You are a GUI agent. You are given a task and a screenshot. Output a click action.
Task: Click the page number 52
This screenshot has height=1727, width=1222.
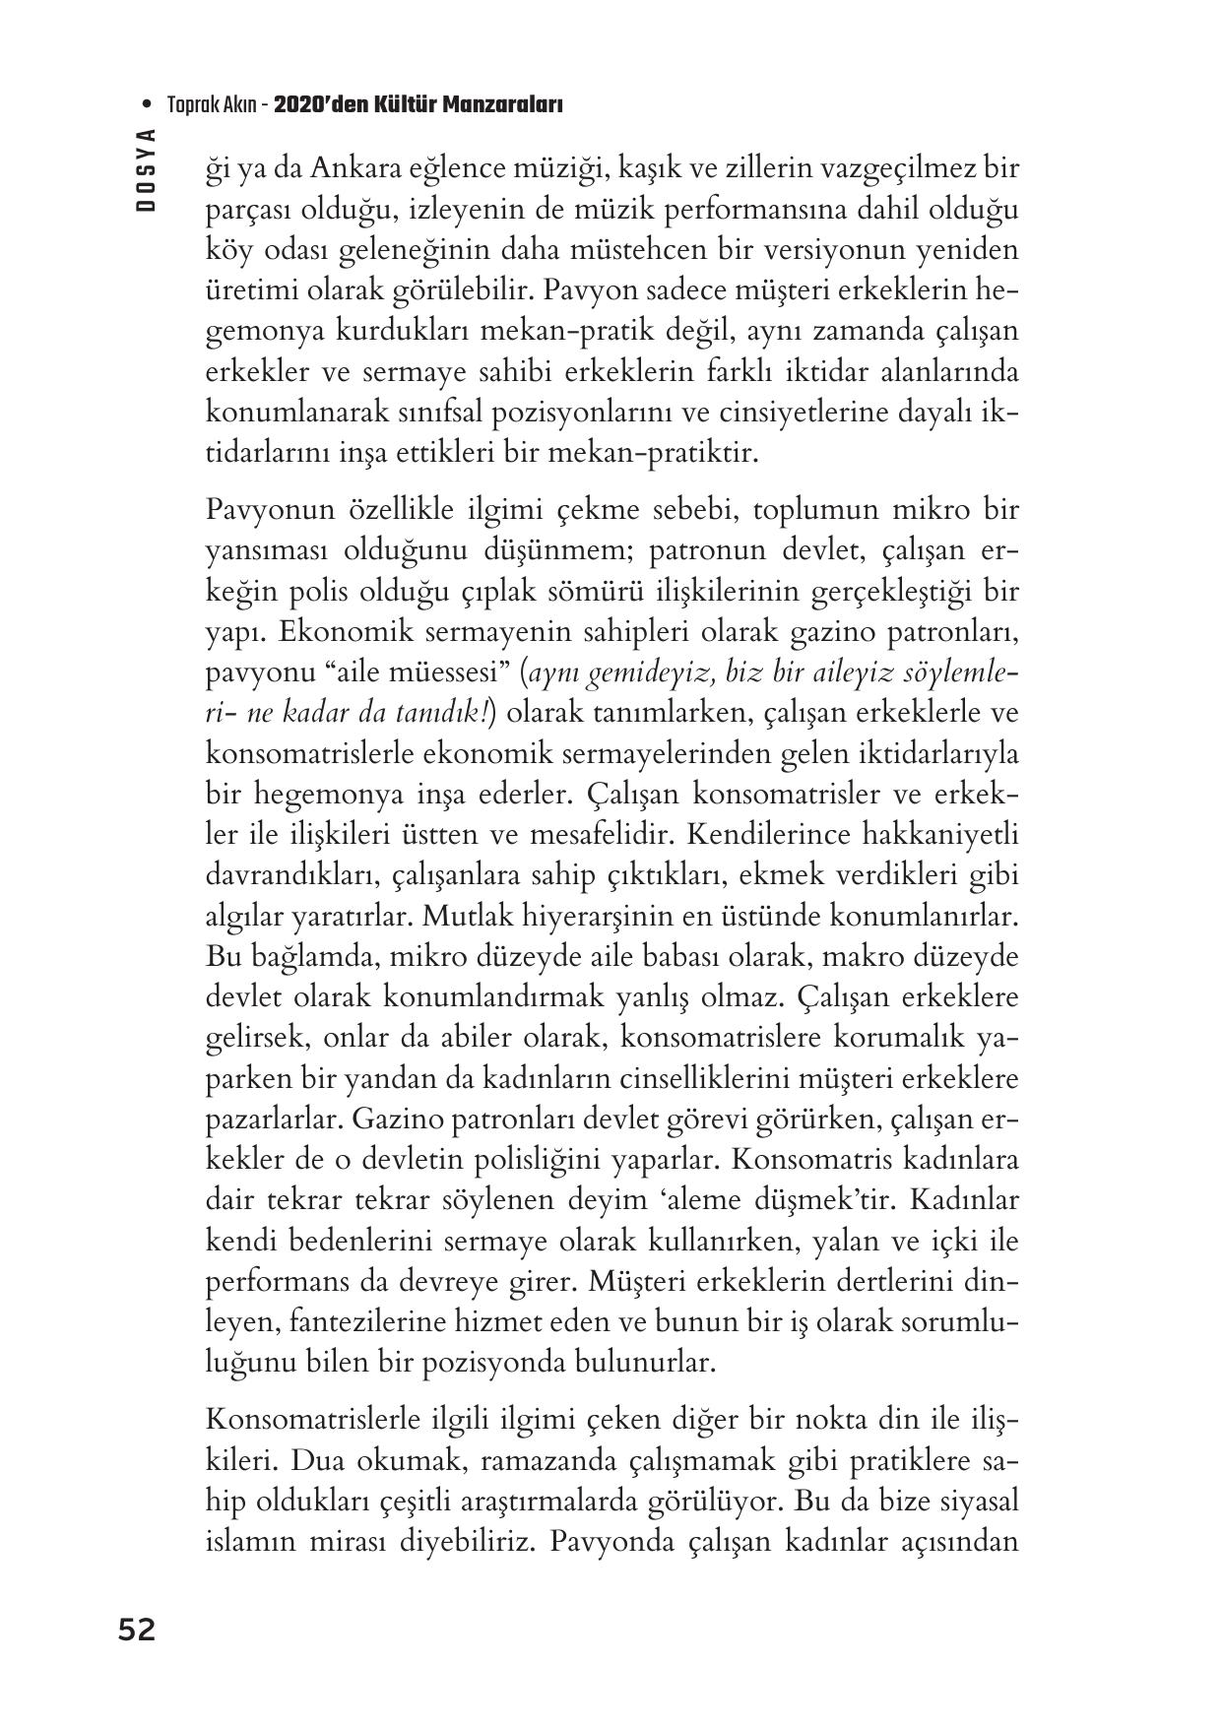[137, 1630]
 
